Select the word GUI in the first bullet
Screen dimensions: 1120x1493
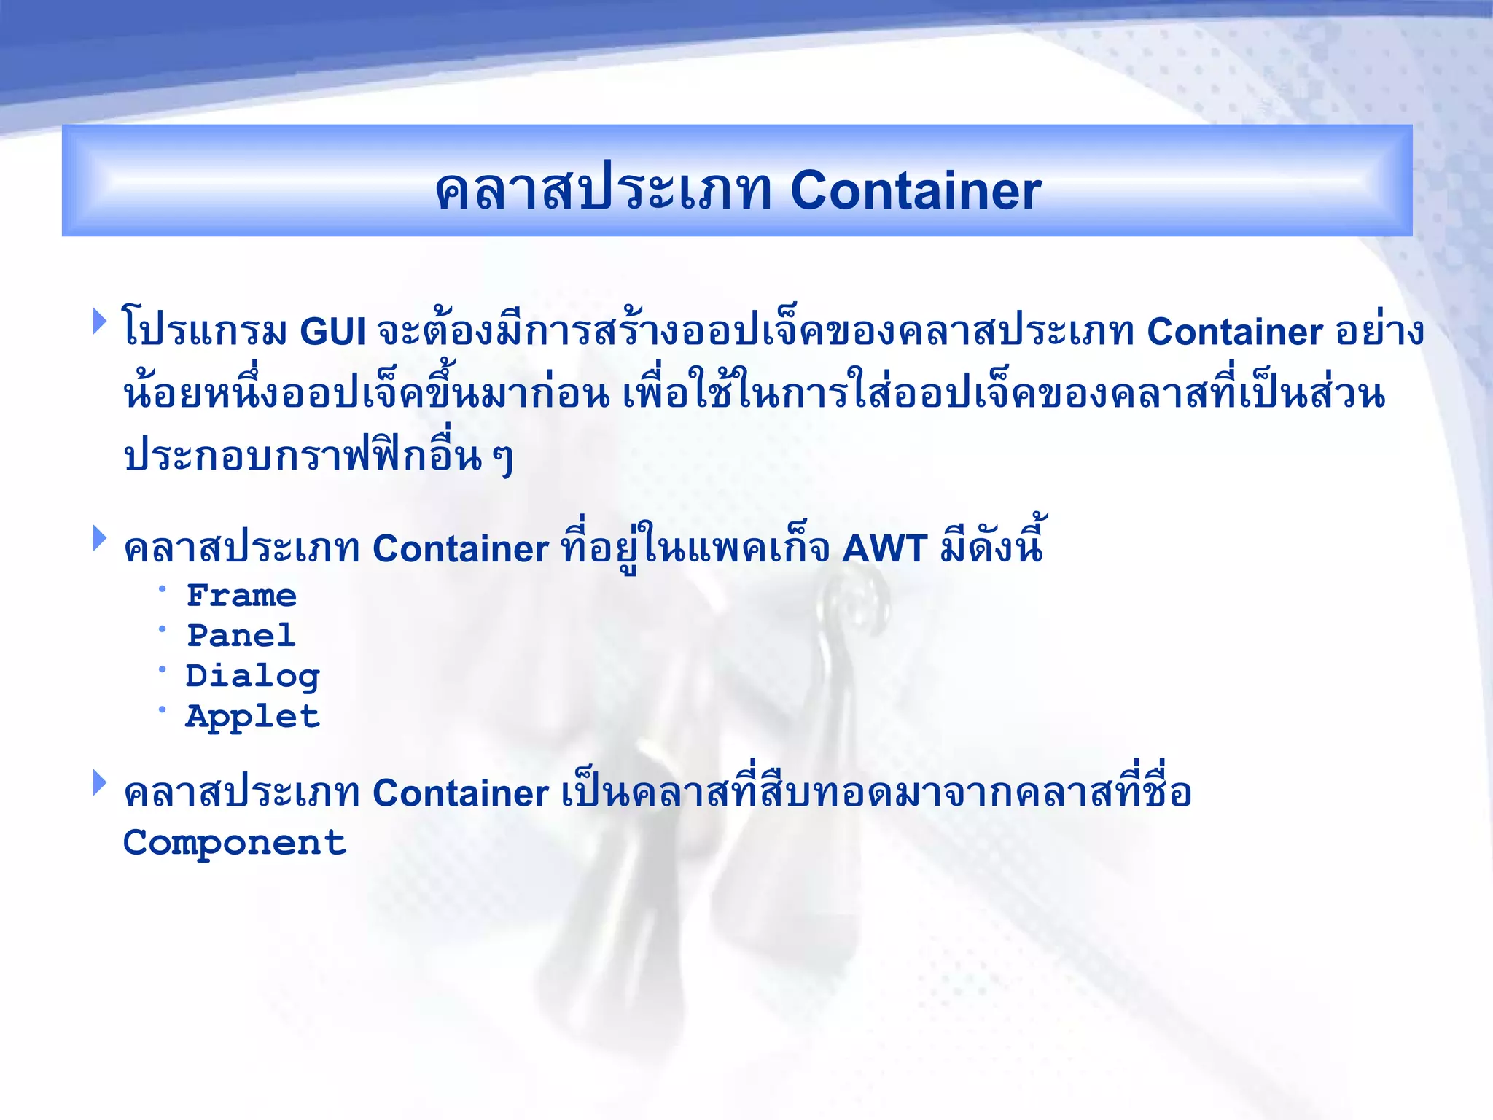[332, 332]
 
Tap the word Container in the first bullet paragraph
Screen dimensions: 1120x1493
[1234, 332]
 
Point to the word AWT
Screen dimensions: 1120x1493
[884, 548]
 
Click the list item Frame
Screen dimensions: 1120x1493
[241, 596]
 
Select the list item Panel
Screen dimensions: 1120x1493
[241, 636]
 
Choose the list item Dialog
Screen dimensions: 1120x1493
[252, 677]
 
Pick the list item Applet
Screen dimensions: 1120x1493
[252, 717]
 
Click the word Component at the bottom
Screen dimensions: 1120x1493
[234, 844]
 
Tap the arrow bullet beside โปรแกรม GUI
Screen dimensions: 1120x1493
[100, 322]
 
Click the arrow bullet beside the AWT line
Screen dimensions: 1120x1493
[100, 539]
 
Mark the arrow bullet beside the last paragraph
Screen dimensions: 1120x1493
[100, 783]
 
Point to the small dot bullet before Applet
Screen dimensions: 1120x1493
[163, 709]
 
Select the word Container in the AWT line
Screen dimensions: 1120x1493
[460, 548]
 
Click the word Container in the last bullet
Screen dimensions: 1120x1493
[460, 793]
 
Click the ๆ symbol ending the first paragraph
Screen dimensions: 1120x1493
[502, 459]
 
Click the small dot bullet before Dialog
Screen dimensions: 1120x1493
[163, 669]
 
